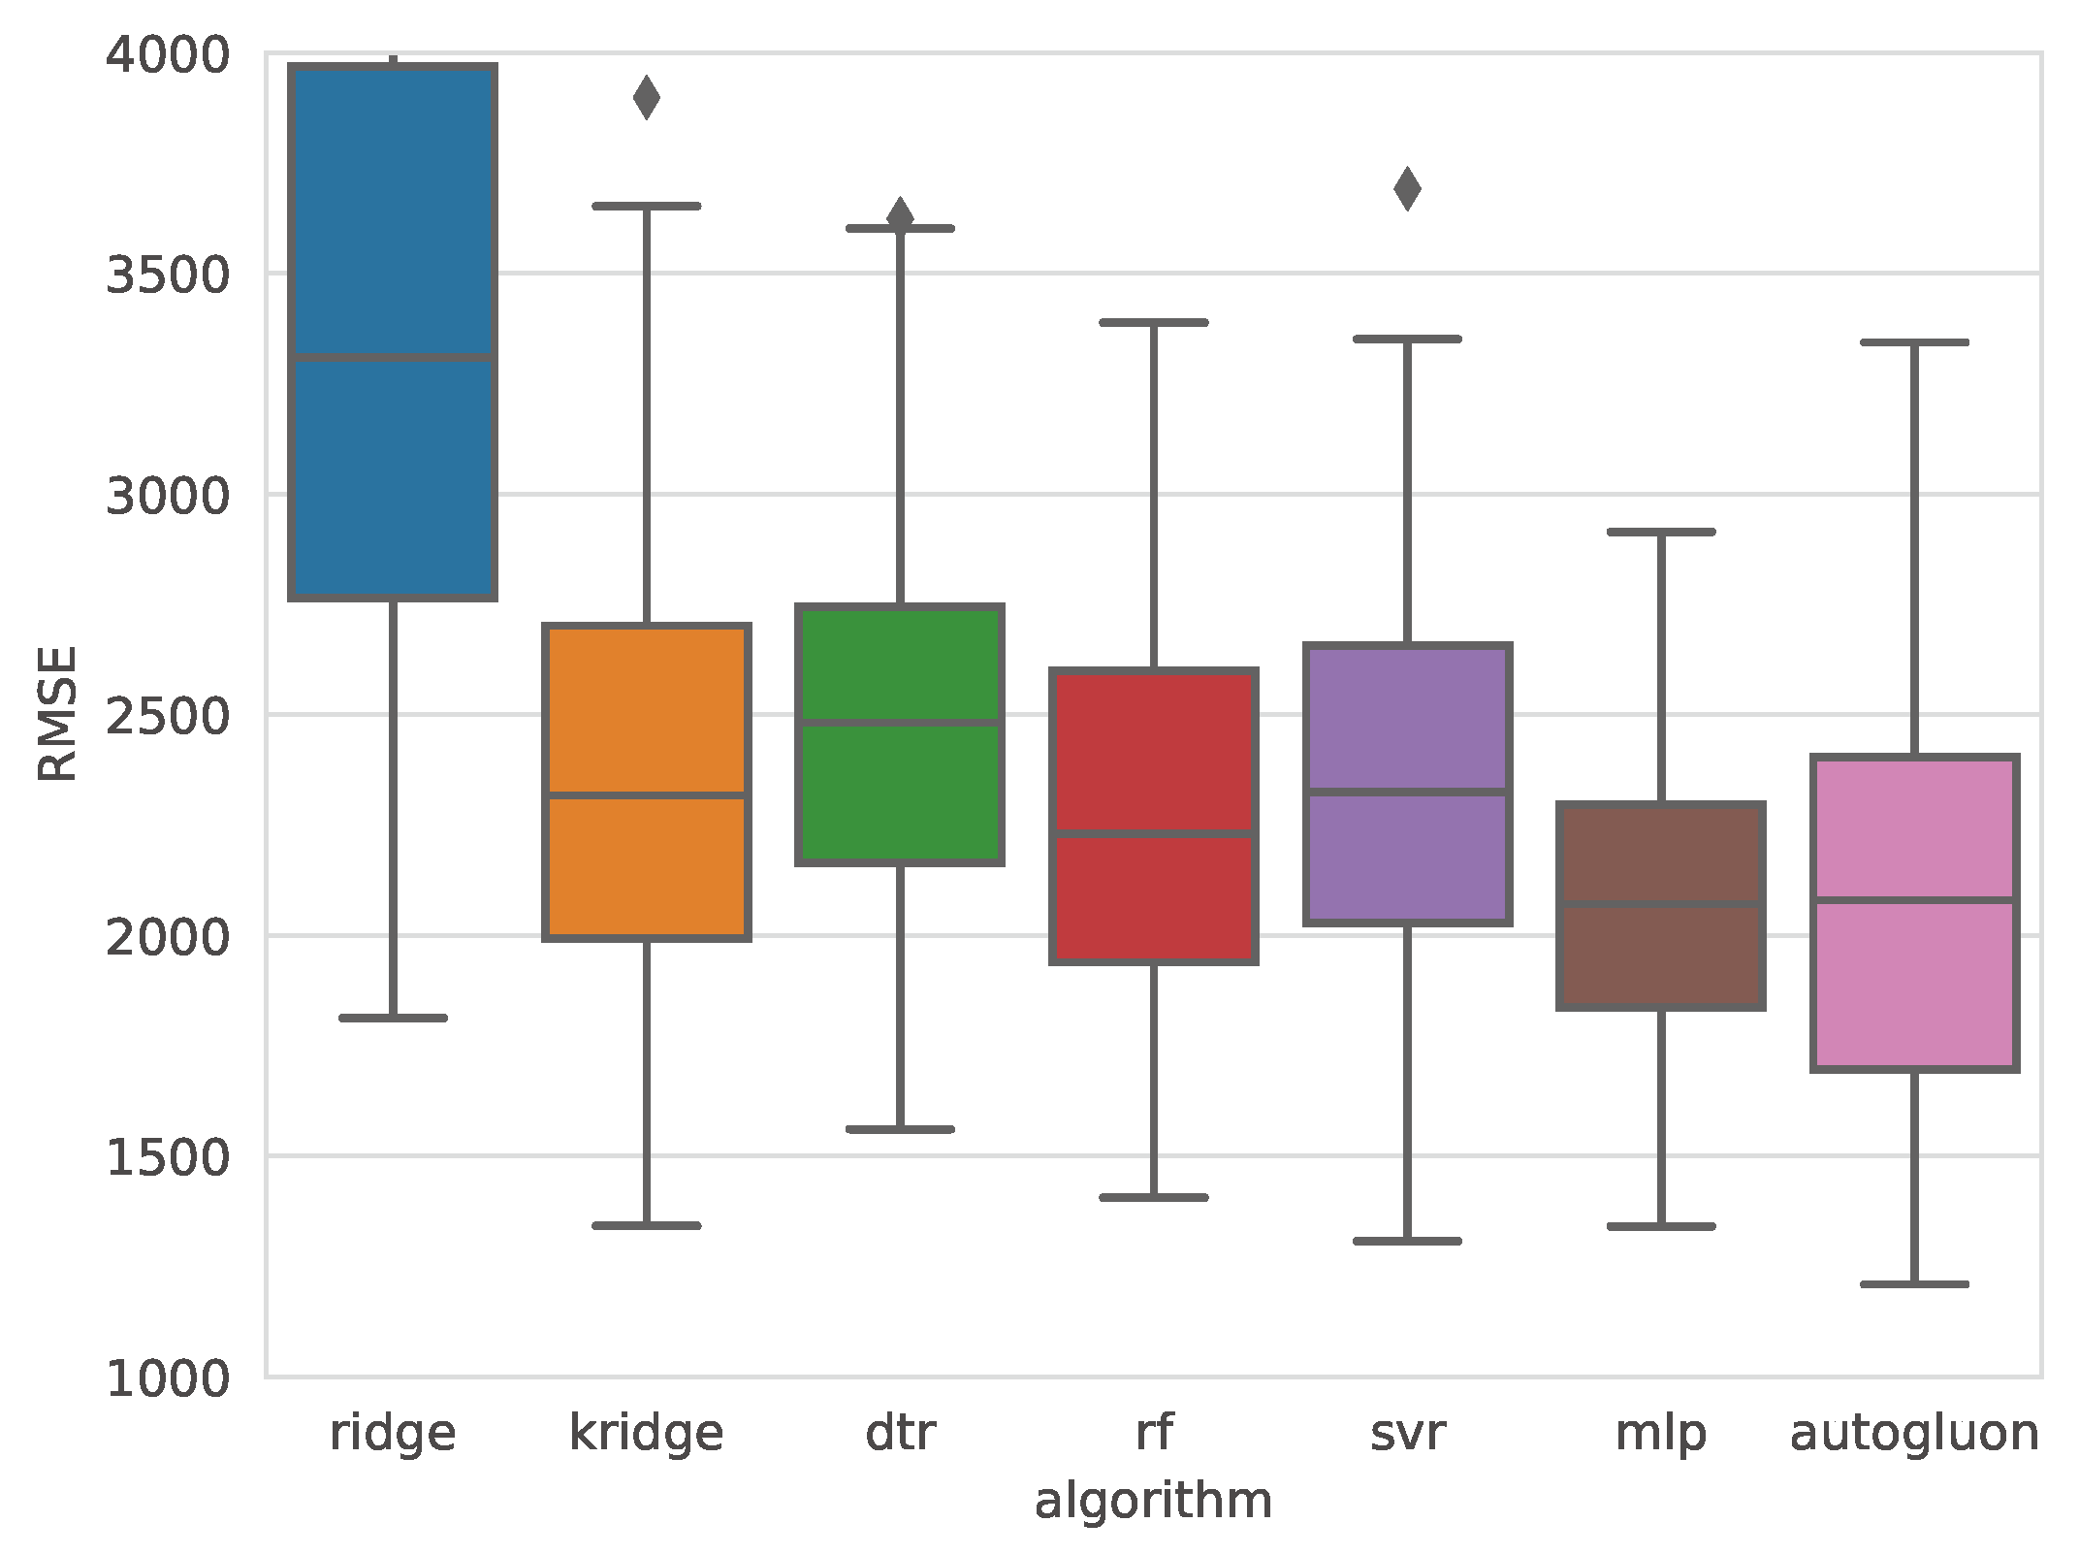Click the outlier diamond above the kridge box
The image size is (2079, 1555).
pos(647,97)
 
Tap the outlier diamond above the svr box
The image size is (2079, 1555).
pos(1407,188)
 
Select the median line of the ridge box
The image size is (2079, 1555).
pos(394,358)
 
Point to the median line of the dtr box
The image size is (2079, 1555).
pos(900,723)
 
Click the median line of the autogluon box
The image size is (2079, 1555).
pos(1915,900)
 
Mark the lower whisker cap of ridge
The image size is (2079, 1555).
pos(394,1018)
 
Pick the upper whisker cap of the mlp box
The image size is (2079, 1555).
pos(1661,532)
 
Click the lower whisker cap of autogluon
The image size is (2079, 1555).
pos(1915,1283)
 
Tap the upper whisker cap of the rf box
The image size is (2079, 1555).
pos(1154,322)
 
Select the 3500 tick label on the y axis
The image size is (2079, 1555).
pos(167,275)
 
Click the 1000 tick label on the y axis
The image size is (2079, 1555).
pos(167,1377)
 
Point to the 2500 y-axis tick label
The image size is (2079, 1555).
pos(167,716)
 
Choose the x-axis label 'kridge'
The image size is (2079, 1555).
pos(647,1433)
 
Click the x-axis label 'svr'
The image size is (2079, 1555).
pos(1407,1433)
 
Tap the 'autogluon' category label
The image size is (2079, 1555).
pos(1915,1433)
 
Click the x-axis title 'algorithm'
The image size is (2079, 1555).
pos(1153,1501)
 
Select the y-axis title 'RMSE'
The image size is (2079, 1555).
pos(57,713)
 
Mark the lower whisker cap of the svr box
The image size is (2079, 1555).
pos(1407,1241)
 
